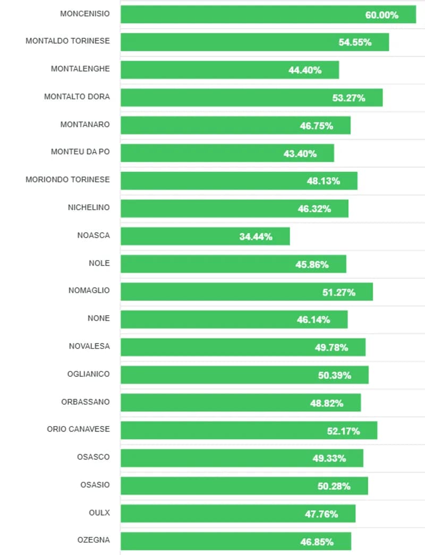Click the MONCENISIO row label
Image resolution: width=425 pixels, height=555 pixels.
pos(85,13)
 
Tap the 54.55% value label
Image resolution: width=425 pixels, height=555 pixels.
pos(355,42)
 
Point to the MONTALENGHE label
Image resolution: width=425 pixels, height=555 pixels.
pos(80,68)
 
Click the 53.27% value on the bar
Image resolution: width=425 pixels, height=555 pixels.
pos(348,98)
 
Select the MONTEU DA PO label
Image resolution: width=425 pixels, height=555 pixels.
pos(80,152)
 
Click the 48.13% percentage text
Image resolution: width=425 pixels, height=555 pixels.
pos(323,181)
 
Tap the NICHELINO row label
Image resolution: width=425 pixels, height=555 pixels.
pos(89,207)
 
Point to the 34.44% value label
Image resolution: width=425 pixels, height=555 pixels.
pos(256,237)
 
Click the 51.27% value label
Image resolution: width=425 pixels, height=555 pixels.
pos(338,292)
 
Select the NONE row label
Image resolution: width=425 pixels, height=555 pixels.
pos(99,318)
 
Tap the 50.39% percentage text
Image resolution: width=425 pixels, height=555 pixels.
pos(334,376)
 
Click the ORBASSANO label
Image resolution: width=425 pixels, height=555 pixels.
pos(86,402)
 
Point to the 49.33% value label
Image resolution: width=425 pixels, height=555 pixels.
pos(329,458)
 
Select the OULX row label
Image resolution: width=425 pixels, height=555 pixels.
pos(99,513)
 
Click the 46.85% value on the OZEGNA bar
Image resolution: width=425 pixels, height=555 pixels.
pos(317,542)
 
